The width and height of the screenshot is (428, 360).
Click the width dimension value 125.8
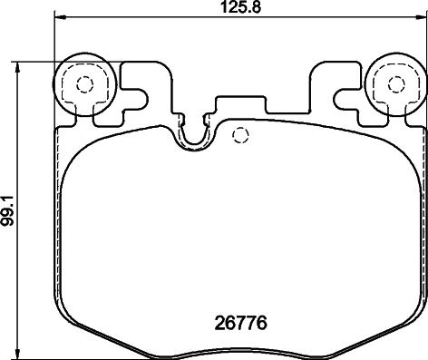point(240,6)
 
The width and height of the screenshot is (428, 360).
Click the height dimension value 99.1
point(7,210)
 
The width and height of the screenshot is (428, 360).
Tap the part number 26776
point(241,323)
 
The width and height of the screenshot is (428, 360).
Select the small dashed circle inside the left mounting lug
point(84,84)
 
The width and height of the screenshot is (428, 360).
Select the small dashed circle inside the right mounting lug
point(396,84)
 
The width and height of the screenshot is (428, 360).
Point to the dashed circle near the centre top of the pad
point(240,135)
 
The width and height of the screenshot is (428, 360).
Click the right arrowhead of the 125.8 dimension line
point(421,16)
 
